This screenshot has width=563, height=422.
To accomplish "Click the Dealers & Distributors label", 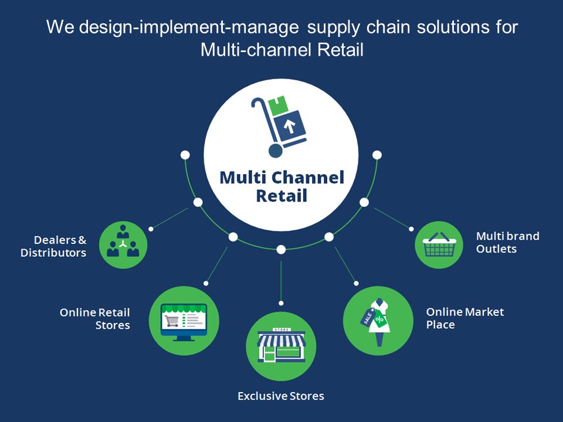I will [x=53, y=247].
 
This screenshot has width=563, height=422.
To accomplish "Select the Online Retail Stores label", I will [x=95, y=318].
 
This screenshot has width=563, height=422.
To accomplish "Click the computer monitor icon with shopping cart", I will [x=184, y=321].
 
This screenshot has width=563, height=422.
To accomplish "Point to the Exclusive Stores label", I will [x=280, y=396].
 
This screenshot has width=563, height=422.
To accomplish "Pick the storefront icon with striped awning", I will [x=281, y=346].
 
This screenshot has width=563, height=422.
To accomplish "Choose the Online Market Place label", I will [x=465, y=318].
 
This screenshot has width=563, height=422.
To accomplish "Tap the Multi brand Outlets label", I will [x=507, y=243].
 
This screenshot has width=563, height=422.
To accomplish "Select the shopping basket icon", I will [x=439, y=245].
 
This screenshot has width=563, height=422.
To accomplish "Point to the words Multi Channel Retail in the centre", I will [x=281, y=186].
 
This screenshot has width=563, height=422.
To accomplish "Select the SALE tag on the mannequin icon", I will [x=367, y=316].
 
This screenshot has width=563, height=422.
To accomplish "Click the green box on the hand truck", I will [x=277, y=106].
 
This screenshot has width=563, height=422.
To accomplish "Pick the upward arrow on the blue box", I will [x=289, y=125].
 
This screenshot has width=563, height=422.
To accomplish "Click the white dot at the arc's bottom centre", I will [x=281, y=249].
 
